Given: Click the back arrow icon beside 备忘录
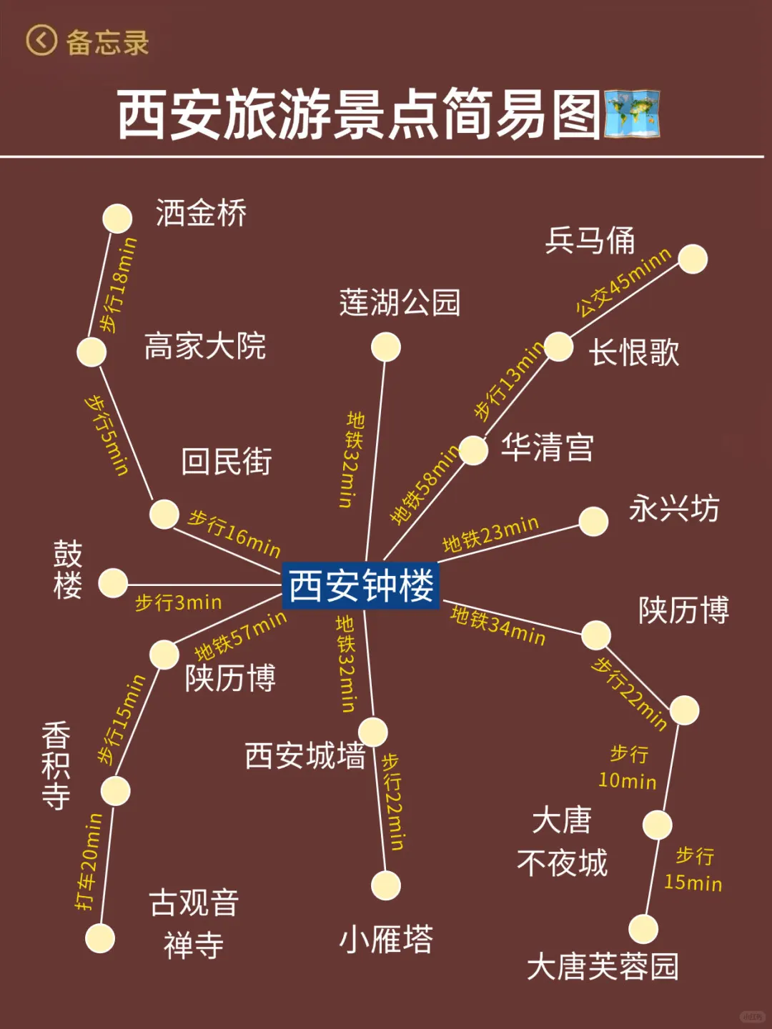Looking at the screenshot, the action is [41, 41].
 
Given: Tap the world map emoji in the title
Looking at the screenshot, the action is [632, 114].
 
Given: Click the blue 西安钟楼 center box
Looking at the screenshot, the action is [361, 585].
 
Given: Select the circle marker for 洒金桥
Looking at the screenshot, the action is [117, 219].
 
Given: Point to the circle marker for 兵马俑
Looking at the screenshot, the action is [693, 259].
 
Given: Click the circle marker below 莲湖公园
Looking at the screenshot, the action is [386, 347].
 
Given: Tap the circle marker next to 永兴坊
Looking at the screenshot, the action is [593, 522].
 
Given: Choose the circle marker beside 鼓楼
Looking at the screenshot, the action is [113, 583].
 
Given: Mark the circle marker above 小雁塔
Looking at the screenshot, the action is [386, 885].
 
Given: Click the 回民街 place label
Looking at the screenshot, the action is [227, 462].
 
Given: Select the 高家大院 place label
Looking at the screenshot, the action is [205, 347].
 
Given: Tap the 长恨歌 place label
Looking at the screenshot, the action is [634, 352].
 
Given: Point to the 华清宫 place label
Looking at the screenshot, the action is [548, 448].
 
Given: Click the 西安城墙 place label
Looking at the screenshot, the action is [305, 756].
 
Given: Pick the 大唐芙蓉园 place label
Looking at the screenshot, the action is [603, 967].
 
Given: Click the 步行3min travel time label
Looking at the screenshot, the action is [179, 603].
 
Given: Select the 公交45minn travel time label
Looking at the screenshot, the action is [623, 282].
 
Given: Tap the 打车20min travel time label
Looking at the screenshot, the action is [89, 862].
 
